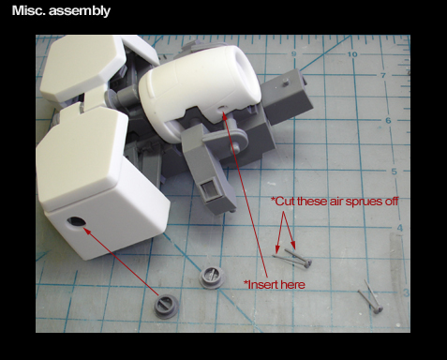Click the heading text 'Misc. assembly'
pos(61,11)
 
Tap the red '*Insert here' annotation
pos(275,285)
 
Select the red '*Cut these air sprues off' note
pos(335,202)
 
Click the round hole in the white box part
pos(76,222)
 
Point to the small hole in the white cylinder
pos(222,108)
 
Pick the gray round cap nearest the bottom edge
pos(167,306)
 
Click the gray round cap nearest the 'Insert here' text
pos(212,277)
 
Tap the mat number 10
pos(352,54)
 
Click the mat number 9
pos(293,54)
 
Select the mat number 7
pos(383,75)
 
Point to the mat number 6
pos(388,120)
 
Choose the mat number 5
pos(395,172)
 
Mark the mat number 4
pos(400,228)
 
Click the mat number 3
pos(406,292)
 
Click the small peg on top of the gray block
pos(285,82)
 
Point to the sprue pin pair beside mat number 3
pos(370,295)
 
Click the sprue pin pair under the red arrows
pos(292,258)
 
